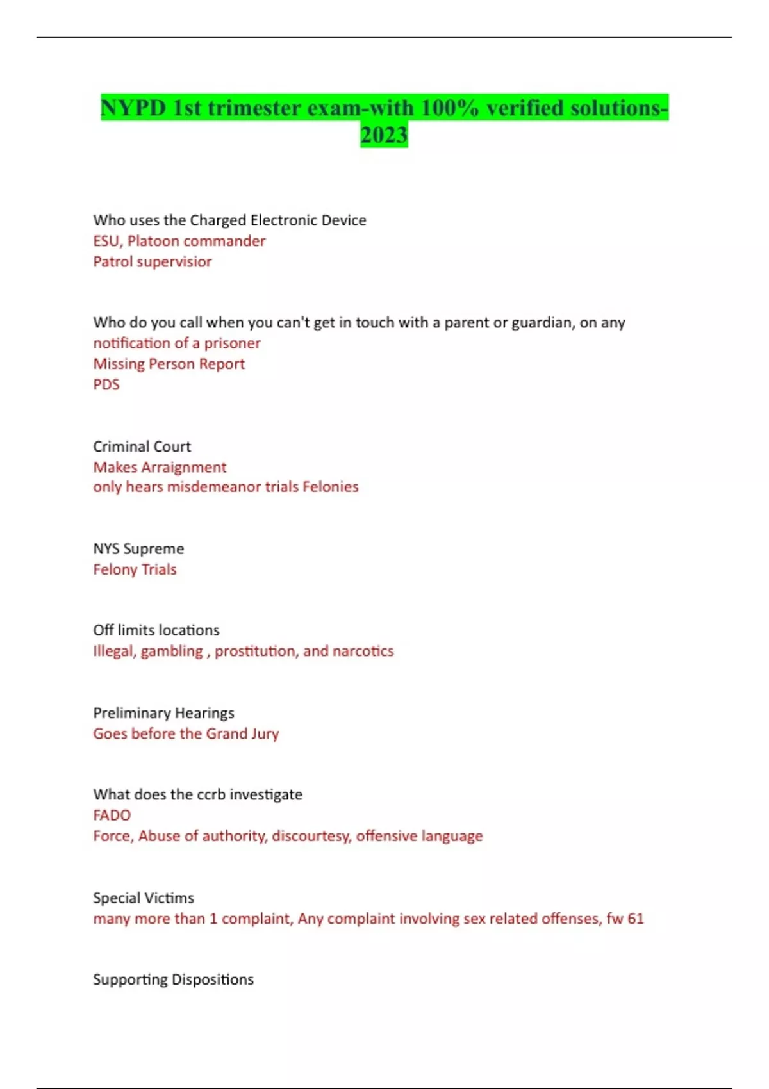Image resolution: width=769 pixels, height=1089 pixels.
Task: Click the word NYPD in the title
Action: pyautogui.click(x=133, y=108)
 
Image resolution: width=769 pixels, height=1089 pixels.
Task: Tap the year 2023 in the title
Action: pyautogui.click(x=384, y=135)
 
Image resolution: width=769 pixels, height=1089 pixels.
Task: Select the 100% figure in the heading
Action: pyautogui.click(x=449, y=108)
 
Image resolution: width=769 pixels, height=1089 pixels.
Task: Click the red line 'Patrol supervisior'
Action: pyautogui.click(x=153, y=261)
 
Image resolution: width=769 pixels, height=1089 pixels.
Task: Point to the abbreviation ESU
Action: pyautogui.click(x=106, y=241)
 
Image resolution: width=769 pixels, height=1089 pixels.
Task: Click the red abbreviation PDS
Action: pyautogui.click(x=106, y=384)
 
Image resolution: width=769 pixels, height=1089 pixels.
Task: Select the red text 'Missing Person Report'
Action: pyautogui.click(x=169, y=364)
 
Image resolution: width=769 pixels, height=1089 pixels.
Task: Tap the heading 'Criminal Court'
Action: pyautogui.click(x=142, y=446)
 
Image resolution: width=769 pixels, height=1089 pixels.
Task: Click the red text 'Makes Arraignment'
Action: pyautogui.click(x=160, y=467)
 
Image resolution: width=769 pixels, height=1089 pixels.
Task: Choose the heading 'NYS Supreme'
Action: pyautogui.click(x=138, y=549)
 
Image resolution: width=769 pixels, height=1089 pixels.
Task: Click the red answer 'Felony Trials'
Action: pyautogui.click(x=135, y=569)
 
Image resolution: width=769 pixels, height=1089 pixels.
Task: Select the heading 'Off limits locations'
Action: pyautogui.click(x=156, y=630)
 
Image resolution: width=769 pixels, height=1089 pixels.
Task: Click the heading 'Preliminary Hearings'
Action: pyautogui.click(x=163, y=713)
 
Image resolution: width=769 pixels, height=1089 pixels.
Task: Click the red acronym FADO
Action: pyautogui.click(x=112, y=815)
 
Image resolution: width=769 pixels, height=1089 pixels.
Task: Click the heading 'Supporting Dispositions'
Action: pyautogui.click(x=173, y=979)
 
